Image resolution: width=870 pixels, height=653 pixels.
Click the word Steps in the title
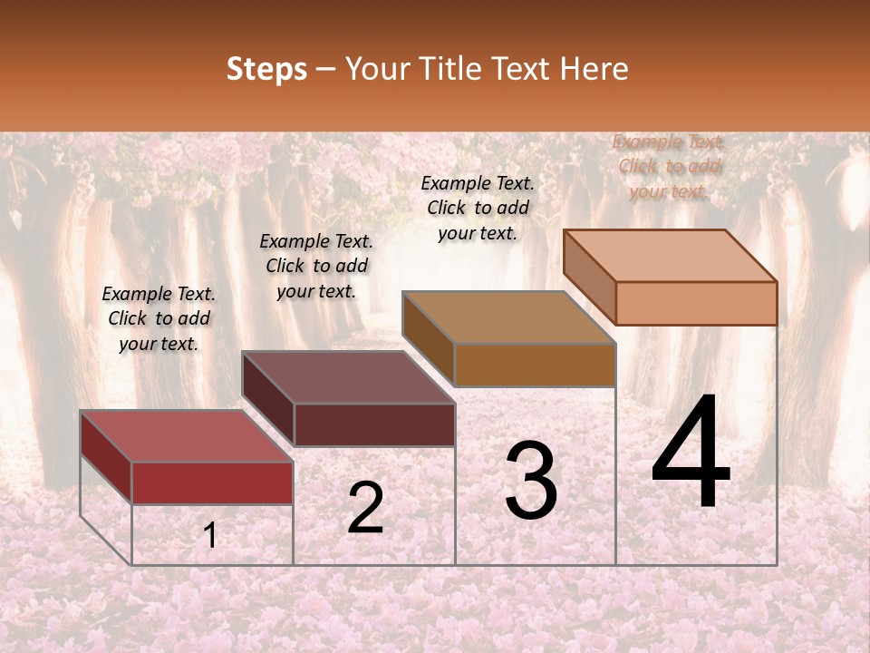(x=266, y=69)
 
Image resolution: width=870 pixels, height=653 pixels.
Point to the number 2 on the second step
(x=365, y=508)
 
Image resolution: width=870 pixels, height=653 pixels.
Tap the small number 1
(x=210, y=536)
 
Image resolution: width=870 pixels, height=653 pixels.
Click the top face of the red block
(x=186, y=436)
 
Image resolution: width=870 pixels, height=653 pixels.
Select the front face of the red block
(x=212, y=482)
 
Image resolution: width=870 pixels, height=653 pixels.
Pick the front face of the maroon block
(x=374, y=424)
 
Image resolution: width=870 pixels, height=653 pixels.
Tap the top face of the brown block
(x=508, y=317)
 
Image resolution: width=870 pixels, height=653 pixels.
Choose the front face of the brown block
(x=535, y=365)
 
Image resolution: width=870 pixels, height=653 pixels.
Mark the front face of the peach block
(x=696, y=303)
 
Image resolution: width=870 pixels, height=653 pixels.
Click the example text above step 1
(x=159, y=318)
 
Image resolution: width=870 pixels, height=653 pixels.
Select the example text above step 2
(x=316, y=266)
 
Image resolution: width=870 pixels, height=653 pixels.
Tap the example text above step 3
(x=478, y=208)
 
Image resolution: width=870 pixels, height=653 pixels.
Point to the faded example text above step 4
(x=669, y=166)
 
